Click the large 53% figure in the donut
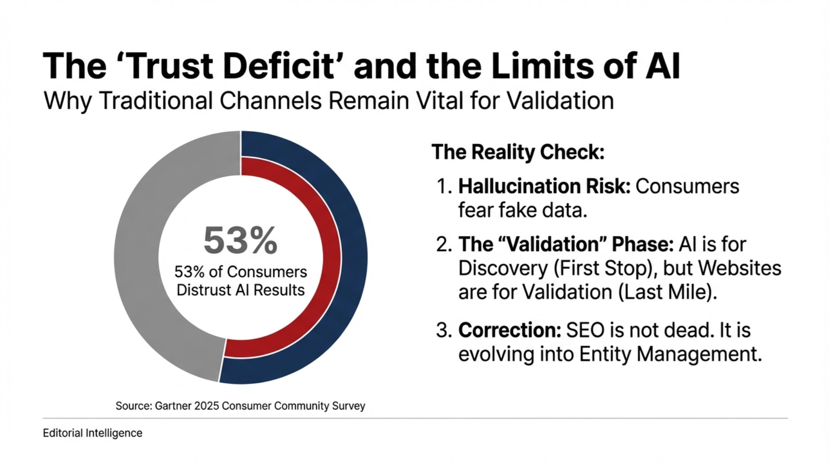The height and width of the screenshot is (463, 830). pos(240,241)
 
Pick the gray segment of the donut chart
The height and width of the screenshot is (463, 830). pos(136,258)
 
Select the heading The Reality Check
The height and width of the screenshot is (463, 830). pos(517,152)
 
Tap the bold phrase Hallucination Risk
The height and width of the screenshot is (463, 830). pos(544,186)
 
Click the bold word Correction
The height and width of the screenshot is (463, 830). pos(509,330)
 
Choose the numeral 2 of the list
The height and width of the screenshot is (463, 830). pos(443,245)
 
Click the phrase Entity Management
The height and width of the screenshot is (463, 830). pos(670,354)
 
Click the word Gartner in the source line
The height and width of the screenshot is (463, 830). pos(173,406)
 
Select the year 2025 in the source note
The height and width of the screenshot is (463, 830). pos(207,406)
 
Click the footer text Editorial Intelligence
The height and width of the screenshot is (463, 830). pos(92,433)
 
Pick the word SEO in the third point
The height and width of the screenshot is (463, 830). pos(585,330)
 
